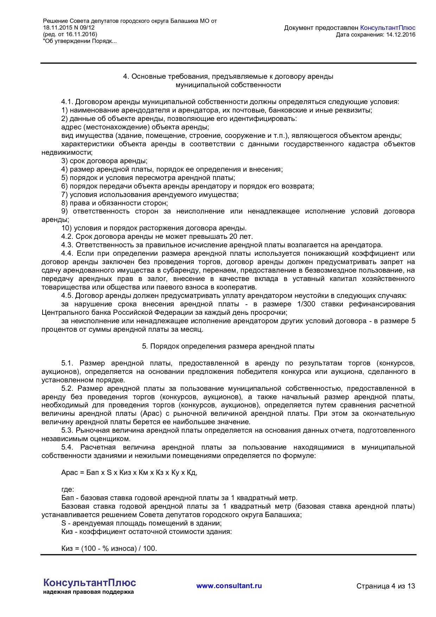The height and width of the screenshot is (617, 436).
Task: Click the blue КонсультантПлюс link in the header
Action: point(387,28)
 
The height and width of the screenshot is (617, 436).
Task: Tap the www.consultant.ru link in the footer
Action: point(229,586)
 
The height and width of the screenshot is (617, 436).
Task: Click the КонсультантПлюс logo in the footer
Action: point(89,583)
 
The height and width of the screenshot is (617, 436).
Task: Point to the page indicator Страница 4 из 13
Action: point(385,586)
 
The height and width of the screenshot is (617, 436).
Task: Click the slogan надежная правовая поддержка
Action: point(89,592)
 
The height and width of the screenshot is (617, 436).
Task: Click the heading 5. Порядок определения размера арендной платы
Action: point(228,346)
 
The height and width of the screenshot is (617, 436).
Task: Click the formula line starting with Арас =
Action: point(129,472)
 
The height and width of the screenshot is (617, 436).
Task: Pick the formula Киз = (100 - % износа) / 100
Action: point(109,548)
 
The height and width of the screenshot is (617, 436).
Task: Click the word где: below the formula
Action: point(68,489)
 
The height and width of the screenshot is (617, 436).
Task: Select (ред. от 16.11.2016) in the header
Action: point(70,34)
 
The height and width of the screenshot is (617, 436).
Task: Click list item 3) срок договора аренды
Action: point(104,161)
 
